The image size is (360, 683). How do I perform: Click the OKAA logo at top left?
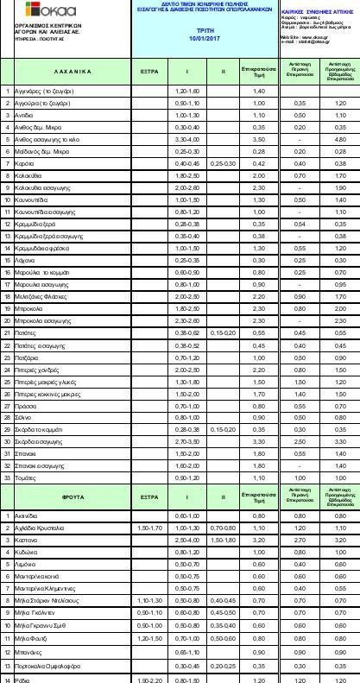pos(29,11)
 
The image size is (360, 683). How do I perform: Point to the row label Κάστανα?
pos(28,539)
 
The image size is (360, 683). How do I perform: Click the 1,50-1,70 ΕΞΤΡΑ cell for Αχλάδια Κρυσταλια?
pos(147,527)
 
